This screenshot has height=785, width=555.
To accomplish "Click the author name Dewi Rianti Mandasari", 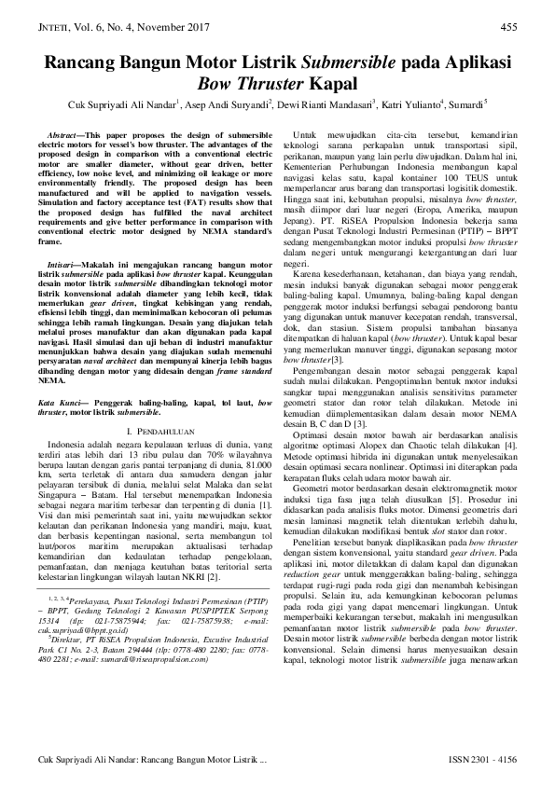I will coord(324,104).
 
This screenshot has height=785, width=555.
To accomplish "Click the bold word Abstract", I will coord(65,135).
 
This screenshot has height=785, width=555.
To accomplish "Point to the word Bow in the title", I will coord(215,86).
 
